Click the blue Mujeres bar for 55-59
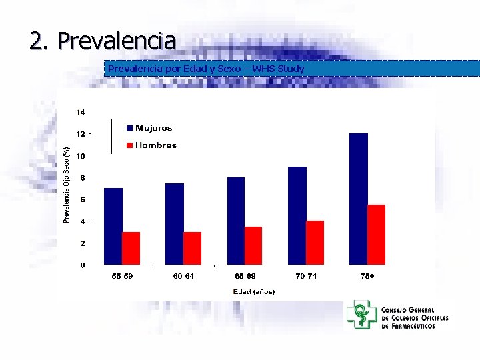point(113,226)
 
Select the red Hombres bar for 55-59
point(131,248)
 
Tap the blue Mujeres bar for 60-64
point(175,224)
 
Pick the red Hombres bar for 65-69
point(253,245)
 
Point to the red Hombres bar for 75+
point(377,234)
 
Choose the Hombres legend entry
point(151,145)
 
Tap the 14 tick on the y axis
point(80,111)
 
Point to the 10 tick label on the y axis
point(80,156)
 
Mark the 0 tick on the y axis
point(82,265)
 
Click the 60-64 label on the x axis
point(183,276)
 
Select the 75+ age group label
point(367,276)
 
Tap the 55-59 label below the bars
point(122,276)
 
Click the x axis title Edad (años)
point(254,291)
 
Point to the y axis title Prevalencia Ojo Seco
point(66,185)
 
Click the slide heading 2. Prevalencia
point(103,41)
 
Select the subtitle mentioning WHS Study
point(206,69)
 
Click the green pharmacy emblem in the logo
point(362,315)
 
